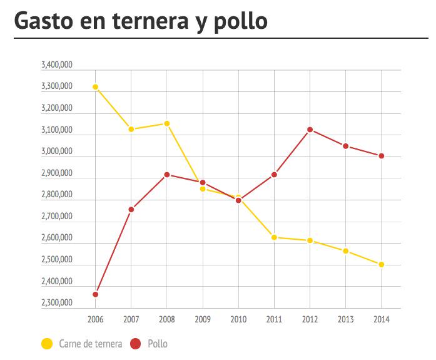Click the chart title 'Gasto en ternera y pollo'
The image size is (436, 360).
(x=141, y=21)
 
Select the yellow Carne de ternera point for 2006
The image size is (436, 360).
(x=95, y=87)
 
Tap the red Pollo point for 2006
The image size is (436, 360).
(x=95, y=294)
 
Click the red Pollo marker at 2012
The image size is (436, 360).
(x=310, y=130)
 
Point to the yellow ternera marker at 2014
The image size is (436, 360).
(x=382, y=264)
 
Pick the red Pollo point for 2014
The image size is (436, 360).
(x=382, y=156)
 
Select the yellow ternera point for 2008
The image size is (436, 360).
(x=167, y=123)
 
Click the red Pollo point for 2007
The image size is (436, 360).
(x=131, y=209)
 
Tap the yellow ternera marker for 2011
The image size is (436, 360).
(x=274, y=237)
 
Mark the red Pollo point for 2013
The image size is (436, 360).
(x=345, y=146)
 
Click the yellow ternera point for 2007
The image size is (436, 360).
(x=131, y=129)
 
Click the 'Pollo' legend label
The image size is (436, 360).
(x=158, y=344)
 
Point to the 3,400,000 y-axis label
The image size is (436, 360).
(x=56, y=65)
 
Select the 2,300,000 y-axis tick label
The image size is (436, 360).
(x=56, y=303)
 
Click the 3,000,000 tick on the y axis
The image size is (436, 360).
(x=56, y=152)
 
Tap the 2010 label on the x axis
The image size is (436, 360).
(x=238, y=319)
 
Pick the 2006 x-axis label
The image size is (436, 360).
(x=95, y=319)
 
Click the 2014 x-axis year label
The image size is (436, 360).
(x=382, y=319)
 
